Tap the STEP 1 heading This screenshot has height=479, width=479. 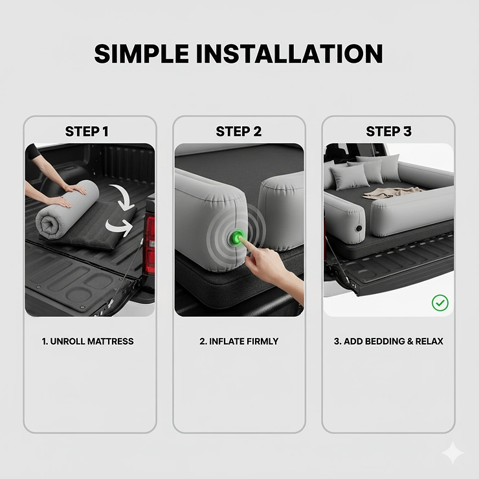(87, 132)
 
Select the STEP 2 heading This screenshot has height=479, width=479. (238, 132)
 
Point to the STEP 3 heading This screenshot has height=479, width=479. (388, 132)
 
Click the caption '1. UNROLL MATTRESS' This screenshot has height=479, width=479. (87, 341)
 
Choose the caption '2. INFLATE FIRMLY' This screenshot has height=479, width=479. (238, 341)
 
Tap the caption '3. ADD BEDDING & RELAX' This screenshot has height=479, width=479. (388, 341)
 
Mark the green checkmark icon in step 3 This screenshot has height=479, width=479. (440, 302)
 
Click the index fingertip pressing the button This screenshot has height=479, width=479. (243, 241)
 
